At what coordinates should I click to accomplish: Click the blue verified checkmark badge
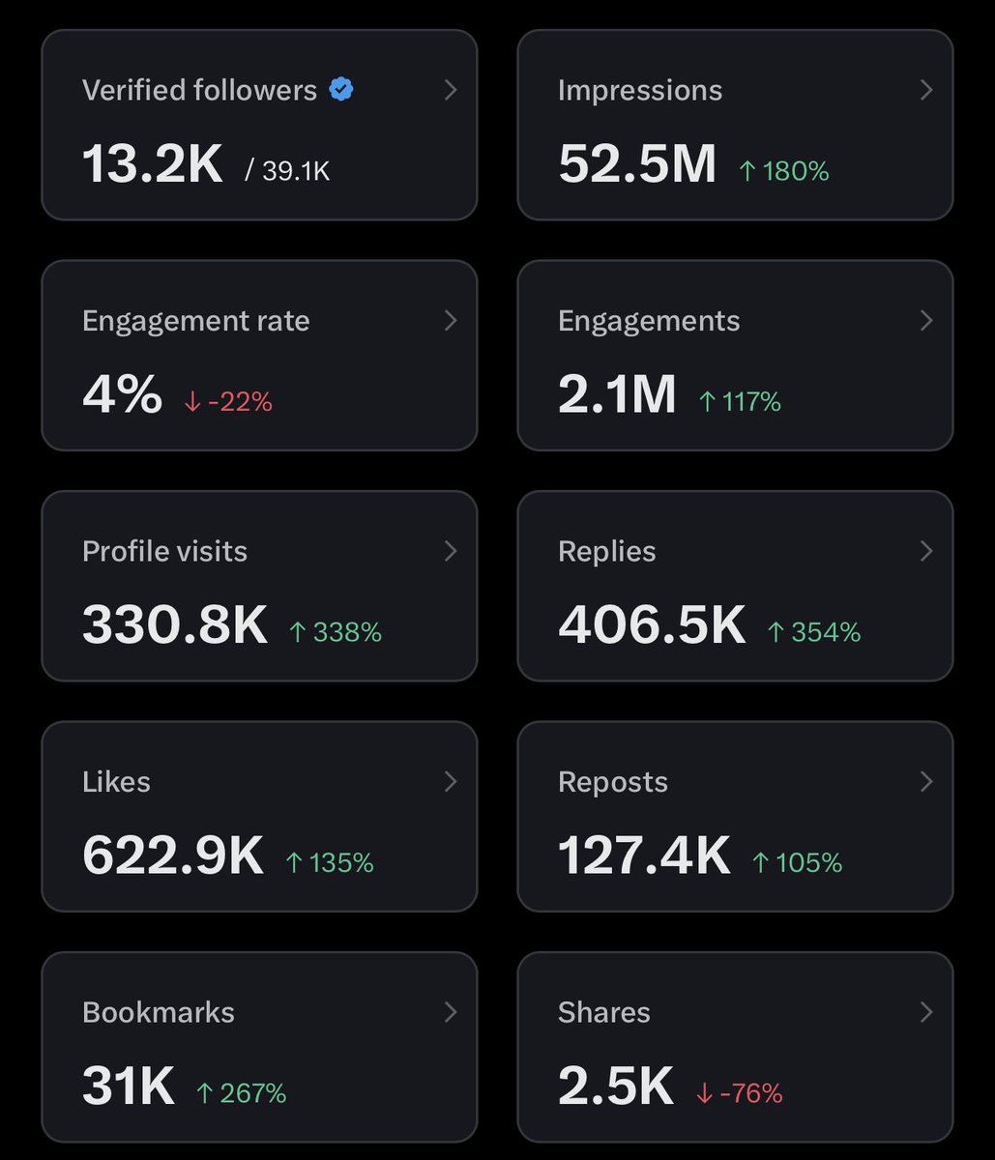[340, 89]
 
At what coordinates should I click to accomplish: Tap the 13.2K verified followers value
[152, 163]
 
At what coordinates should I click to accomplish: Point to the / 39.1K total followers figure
[287, 170]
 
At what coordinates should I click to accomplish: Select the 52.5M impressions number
[637, 163]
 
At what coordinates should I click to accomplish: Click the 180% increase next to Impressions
[784, 170]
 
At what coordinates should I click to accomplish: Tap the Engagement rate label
[196, 321]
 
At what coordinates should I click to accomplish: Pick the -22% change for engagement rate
[228, 402]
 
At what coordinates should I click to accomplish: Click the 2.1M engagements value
[617, 394]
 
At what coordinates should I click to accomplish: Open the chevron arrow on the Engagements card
[926, 320]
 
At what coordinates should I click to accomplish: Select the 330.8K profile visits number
[175, 624]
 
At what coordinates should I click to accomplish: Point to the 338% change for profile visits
[336, 632]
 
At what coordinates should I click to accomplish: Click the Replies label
[606, 552]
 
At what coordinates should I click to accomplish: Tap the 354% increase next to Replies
[814, 632]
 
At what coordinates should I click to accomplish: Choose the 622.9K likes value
[172, 855]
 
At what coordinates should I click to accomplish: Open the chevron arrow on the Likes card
[451, 781]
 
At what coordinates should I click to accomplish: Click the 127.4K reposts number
[644, 855]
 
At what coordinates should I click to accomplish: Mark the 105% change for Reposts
[798, 862]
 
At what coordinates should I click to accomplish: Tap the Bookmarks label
[159, 1012]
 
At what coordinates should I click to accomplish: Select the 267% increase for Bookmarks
[242, 1092]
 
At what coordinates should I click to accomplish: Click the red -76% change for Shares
[739, 1092]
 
